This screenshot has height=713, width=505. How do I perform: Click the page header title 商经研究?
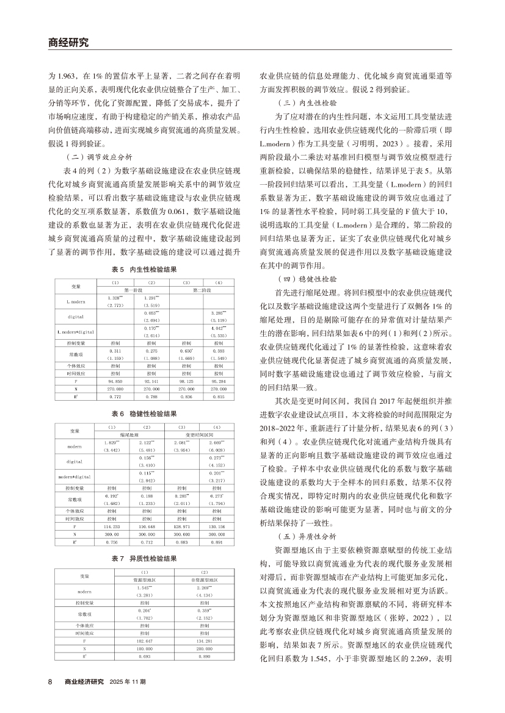pyautogui.click(x=68, y=43)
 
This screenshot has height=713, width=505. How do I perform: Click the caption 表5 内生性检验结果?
pyautogui.click(x=147, y=269)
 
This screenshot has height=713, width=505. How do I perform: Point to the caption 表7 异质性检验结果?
pyautogui.click(x=147, y=557)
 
